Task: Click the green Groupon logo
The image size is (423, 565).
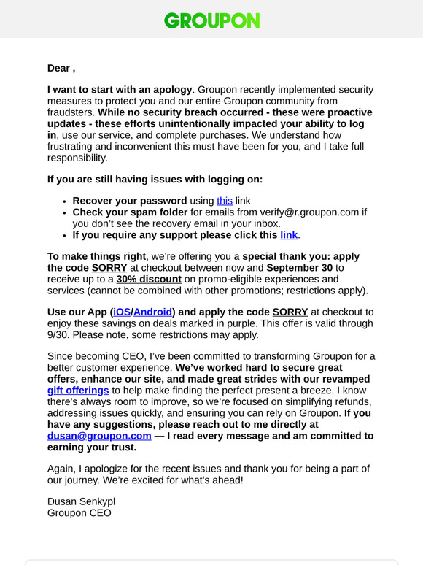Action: click(x=211, y=20)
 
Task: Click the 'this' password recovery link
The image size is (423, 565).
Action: click(x=224, y=201)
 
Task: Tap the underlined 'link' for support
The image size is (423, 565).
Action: click(x=289, y=235)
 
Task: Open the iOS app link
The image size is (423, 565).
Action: click(x=122, y=312)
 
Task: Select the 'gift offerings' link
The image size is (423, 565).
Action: click(x=78, y=391)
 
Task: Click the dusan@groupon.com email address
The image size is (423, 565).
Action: click(x=99, y=436)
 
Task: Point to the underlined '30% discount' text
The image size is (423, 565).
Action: click(x=149, y=278)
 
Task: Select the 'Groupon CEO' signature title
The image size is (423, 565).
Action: click(x=79, y=512)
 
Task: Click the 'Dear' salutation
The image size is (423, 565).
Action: click(x=58, y=68)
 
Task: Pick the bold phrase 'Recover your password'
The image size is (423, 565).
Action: click(x=130, y=201)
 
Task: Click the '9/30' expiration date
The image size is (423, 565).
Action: click(x=60, y=334)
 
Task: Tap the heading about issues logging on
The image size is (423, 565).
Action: click(x=155, y=179)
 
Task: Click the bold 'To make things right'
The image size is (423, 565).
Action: click(x=97, y=256)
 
